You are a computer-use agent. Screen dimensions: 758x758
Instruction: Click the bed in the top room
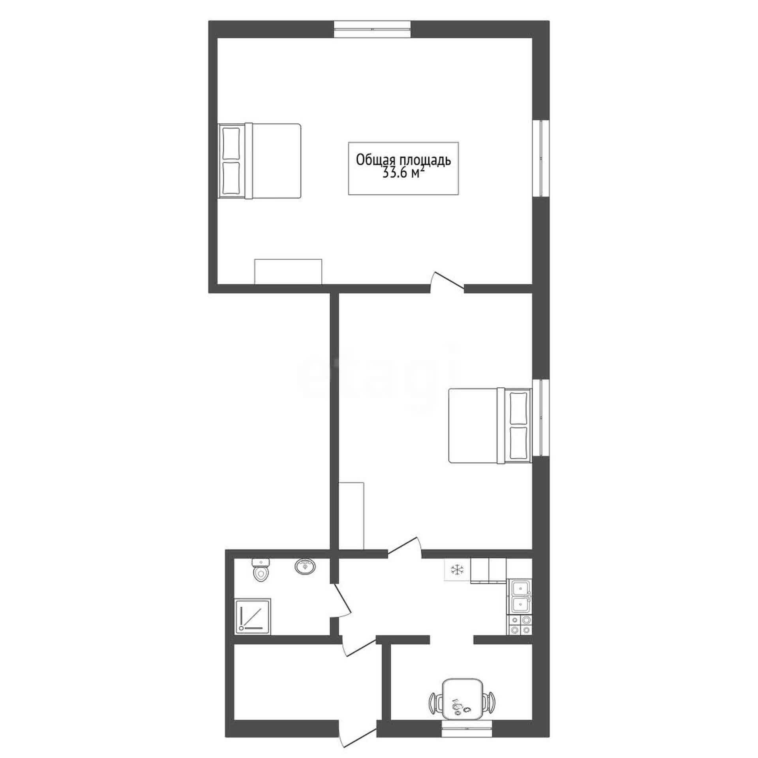click(x=260, y=161)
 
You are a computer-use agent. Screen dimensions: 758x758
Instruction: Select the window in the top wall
click(x=372, y=29)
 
